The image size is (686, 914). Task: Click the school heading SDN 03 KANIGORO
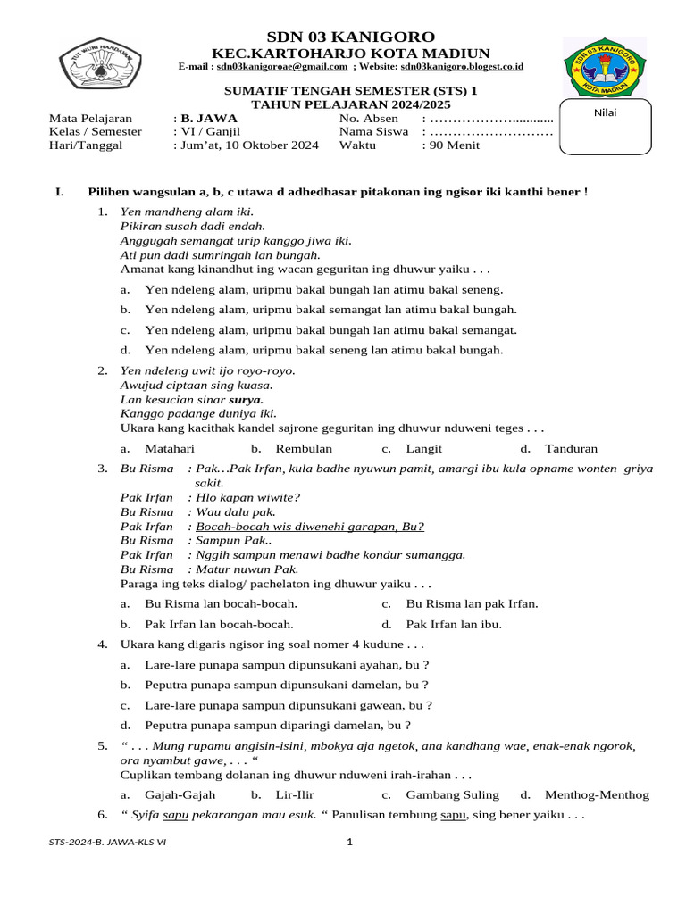351,37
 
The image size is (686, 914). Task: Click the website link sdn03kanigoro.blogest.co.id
462,67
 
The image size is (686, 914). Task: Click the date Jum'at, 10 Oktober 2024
249,145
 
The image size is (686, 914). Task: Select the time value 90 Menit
455,145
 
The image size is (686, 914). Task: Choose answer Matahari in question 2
170,449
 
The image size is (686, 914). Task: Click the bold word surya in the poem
246,400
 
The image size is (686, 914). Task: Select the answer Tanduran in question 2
572,449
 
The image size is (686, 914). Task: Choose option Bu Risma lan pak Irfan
472,603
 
